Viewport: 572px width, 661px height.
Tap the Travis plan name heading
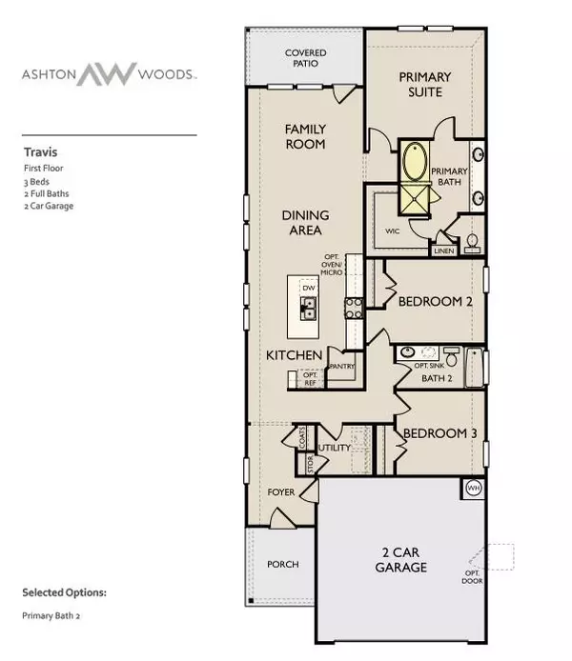[x=38, y=150]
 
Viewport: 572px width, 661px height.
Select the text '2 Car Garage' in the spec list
[x=48, y=206]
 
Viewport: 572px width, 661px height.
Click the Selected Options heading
[x=64, y=592]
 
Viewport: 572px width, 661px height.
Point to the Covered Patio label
[x=305, y=59]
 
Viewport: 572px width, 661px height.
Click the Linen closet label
[x=443, y=251]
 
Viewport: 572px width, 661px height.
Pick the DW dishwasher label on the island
[x=308, y=288]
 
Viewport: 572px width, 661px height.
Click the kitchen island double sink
[x=309, y=307]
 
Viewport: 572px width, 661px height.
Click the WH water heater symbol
[x=473, y=489]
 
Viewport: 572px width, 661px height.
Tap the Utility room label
[x=336, y=448]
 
